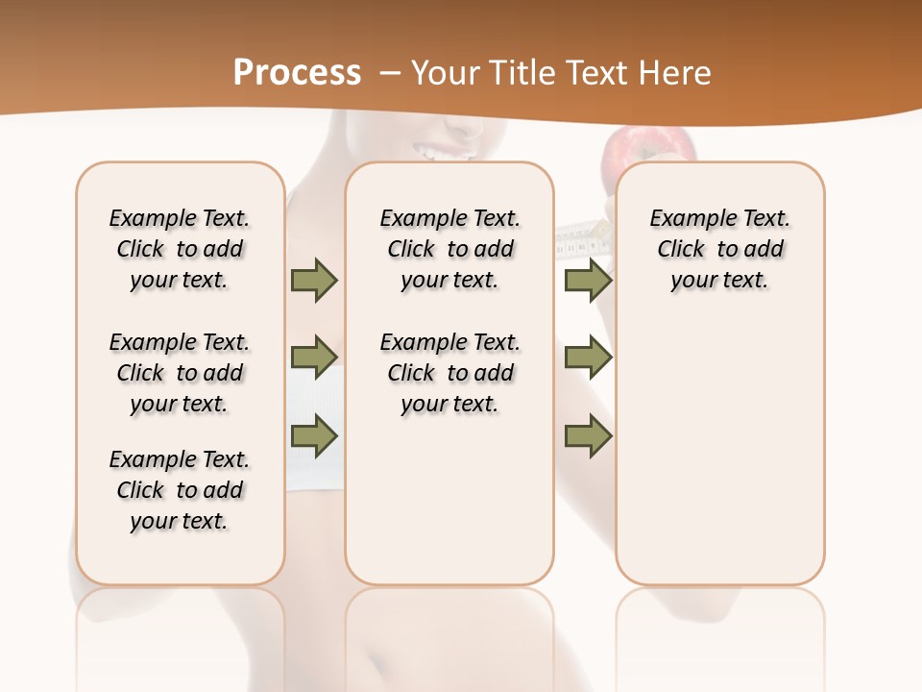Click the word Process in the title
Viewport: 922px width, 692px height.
pyautogui.click(x=297, y=72)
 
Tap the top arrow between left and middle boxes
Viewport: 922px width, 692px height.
pyautogui.click(x=314, y=281)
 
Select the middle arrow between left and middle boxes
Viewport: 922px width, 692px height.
pyautogui.click(x=314, y=358)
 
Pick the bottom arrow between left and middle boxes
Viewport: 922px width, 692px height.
pyautogui.click(x=314, y=435)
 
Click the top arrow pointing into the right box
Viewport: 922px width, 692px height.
pyautogui.click(x=588, y=281)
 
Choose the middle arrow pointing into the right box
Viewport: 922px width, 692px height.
pyautogui.click(x=588, y=358)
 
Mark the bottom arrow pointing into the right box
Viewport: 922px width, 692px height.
pyautogui.click(x=588, y=435)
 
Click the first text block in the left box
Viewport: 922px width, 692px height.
pyautogui.click(x=180, y=249)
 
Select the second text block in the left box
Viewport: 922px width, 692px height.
pyautogui.click(x=180, y=373)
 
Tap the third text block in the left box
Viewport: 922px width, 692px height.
pyautogui.click(x=180, y=490)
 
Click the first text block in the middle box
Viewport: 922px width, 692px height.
pyautogui.click(x=450, y=249)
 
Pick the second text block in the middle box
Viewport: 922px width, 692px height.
pyautogui.click(x=450, y=373)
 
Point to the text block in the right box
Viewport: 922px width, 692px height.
pyautogui.click(x=720, y=249)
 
